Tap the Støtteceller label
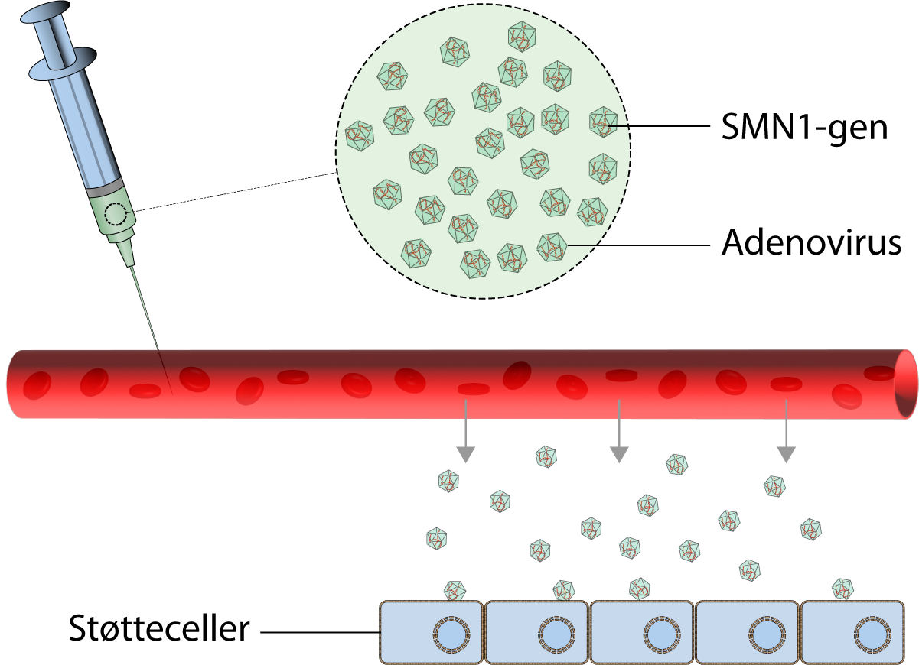159,631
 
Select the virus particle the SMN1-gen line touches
603,122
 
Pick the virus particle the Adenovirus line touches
552,247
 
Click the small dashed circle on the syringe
116,215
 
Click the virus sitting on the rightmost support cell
844,588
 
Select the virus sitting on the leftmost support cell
455,590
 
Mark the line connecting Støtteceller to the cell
321,633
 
